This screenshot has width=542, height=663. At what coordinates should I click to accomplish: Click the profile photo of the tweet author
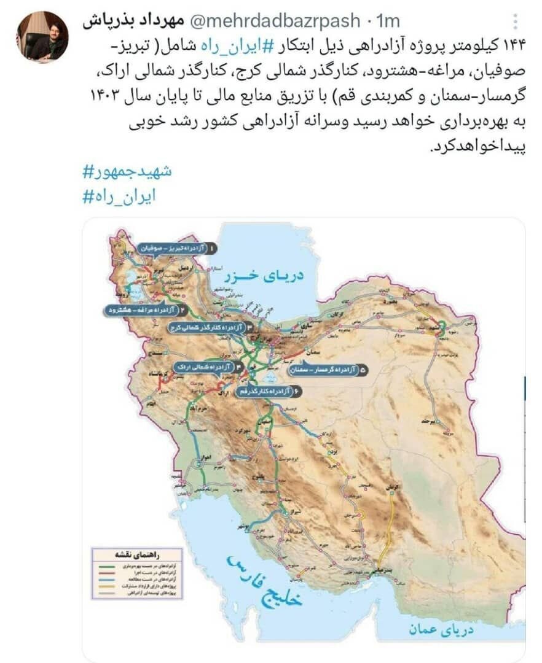(x=42, y=36)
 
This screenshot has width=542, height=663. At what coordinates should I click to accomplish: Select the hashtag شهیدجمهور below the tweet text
(x=127, y=171)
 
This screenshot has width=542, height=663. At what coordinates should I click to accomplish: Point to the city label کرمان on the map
(x=388, y=487)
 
